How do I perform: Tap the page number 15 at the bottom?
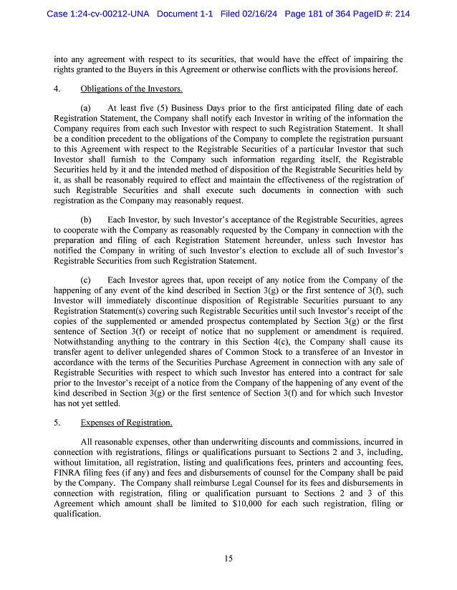[x=228, y=559]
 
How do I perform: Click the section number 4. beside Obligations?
[x=57, y=89]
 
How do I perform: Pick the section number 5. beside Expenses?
[x=57, y=423]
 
